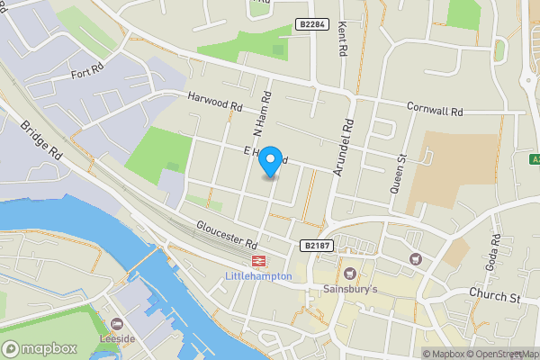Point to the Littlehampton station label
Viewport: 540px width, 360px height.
click(x=257, y=276)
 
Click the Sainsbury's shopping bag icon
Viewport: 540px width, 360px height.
click(x=350, y=273)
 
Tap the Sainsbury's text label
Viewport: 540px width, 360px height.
click(x=350, y=289)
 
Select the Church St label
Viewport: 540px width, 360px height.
click(x=495, y=296)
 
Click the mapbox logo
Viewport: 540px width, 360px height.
click(x=40, y=347)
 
